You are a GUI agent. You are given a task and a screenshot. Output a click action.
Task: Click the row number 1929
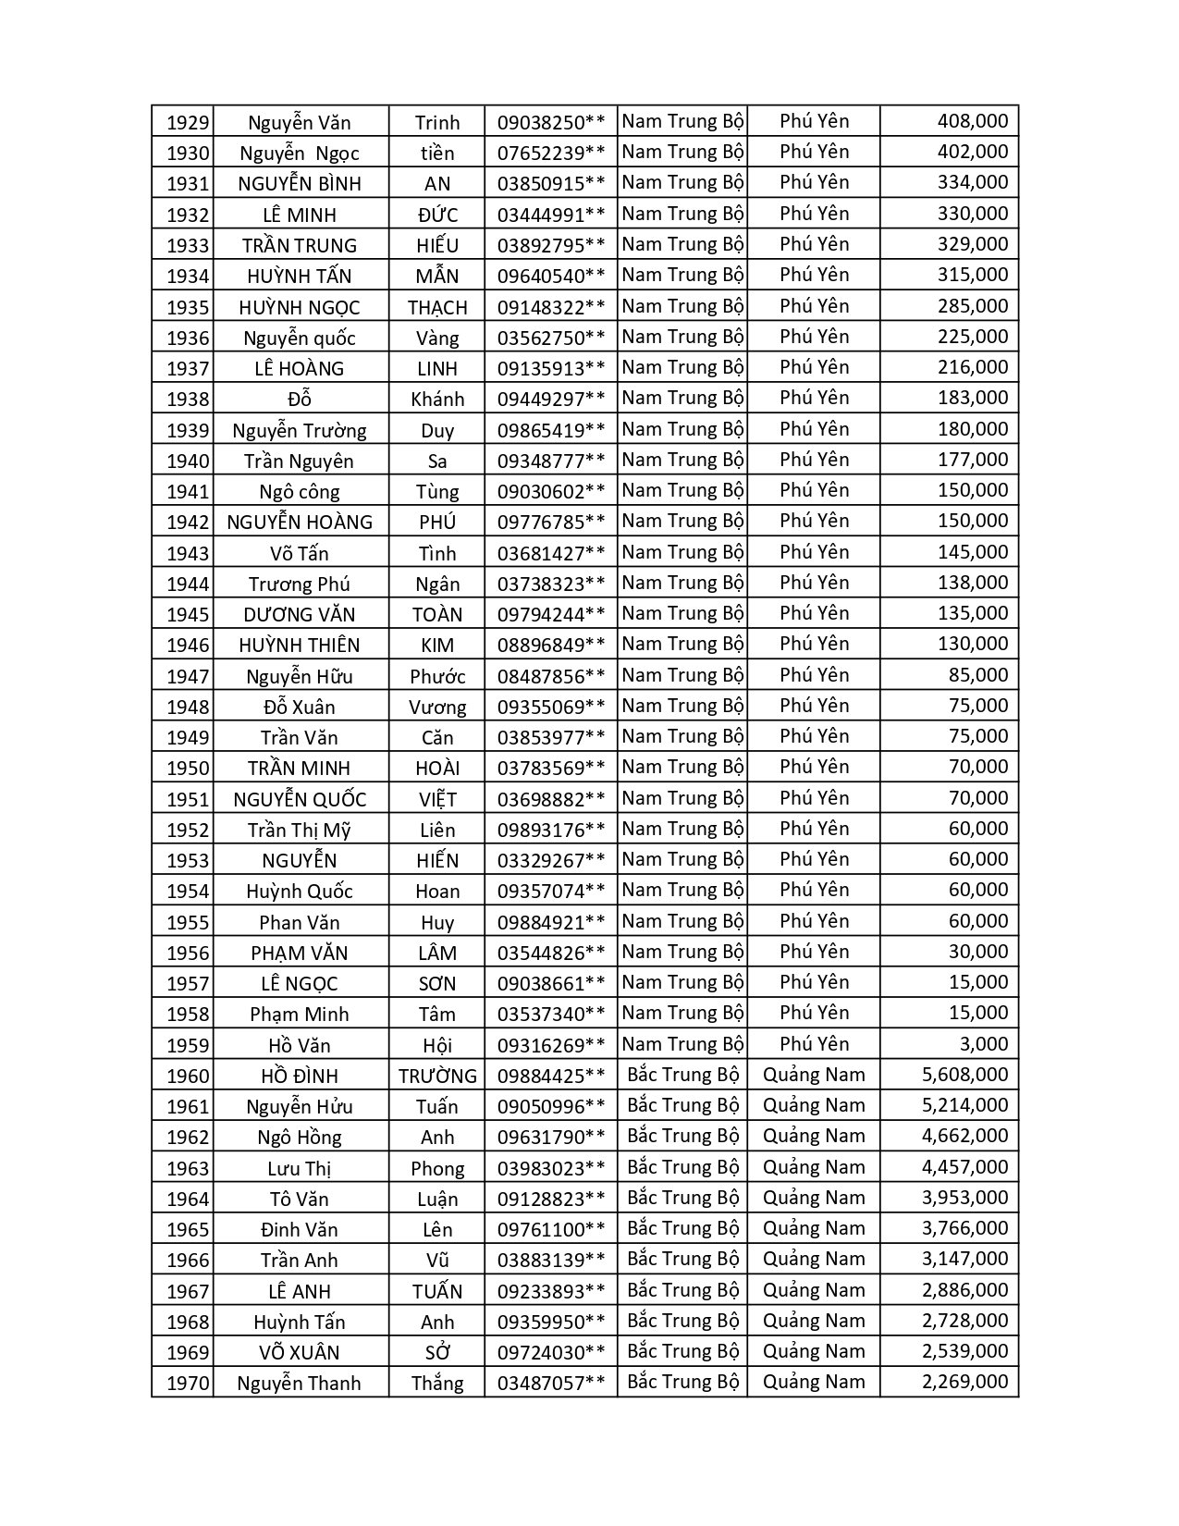(188, 122)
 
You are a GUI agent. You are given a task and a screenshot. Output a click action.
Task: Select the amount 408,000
(972, 121)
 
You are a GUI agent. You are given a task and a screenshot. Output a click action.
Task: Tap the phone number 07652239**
(550, 153)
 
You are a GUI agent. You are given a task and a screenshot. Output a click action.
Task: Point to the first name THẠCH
(437, 307)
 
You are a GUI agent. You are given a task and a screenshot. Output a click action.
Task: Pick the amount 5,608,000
(964, 1075)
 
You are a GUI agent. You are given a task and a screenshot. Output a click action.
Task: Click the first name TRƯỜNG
(437, 1076)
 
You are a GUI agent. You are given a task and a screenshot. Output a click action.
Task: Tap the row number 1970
(188, 1384)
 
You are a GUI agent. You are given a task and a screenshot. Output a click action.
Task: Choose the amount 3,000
(984, 1044)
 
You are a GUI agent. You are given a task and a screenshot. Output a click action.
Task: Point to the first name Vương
(437, 707)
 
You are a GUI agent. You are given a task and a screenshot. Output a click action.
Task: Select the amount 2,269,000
(964, 1382)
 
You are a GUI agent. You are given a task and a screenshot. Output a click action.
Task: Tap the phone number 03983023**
(550, 1168)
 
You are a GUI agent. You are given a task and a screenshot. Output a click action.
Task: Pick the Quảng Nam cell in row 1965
(814, 1228)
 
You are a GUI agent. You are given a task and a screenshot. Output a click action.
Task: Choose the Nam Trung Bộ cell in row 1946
(682, 644)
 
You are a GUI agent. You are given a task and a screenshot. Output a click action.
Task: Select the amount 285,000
(972, 306)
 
